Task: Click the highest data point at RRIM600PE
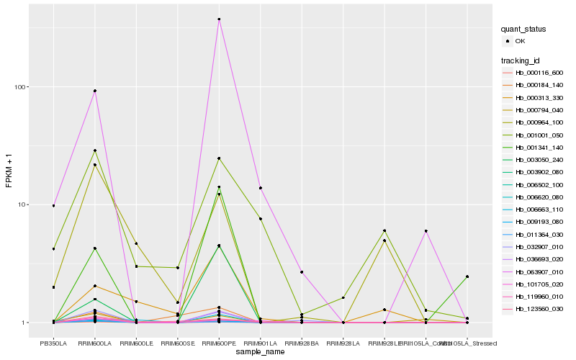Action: pos(219,19)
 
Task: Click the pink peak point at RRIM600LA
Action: pos(94,91)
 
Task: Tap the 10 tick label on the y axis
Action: pos(22,204)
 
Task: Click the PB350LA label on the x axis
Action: pos(53,343)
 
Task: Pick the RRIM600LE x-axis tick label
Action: pos(136,343)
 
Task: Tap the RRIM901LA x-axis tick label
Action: pos(260,343)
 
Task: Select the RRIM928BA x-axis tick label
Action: pos(302,343)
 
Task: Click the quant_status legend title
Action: pos(524,30)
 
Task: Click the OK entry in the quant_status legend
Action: pos(520,41)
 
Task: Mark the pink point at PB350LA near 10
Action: pos(53,206)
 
